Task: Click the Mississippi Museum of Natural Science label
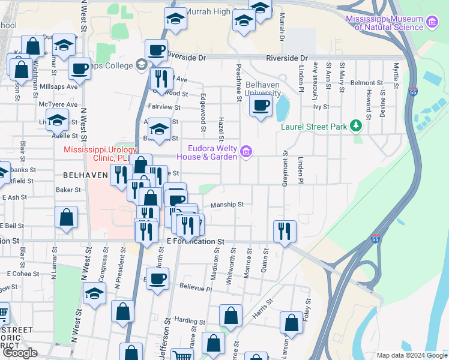pos(385,23)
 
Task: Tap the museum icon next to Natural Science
pos(431,23)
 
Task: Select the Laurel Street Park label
pos(314,127)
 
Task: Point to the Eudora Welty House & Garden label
pos(212,152)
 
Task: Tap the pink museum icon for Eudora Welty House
pos(246,152)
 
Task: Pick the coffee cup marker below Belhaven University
pos(261,107)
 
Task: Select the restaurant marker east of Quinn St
pos(283,231)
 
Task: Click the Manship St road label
pos(227,205)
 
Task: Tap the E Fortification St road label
pos(194,241)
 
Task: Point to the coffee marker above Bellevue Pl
pos(158,279)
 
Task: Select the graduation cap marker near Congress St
pos(94,295)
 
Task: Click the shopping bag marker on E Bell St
pos(67,218)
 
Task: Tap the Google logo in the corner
pos(20,353)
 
